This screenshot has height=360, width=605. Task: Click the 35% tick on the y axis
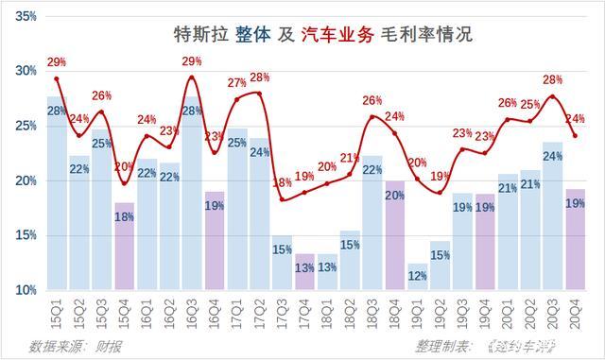click(24, 16)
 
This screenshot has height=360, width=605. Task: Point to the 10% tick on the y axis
click(24, 290)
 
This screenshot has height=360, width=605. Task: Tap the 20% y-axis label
click(24, 180)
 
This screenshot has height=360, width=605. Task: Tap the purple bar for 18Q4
click(394, 235)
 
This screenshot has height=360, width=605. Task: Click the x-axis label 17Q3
click(282, 310)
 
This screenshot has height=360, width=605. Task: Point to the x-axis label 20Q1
click(506, 310)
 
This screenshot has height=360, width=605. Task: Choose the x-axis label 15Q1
click(57, 310)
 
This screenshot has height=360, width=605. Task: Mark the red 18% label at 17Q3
click(281, 183)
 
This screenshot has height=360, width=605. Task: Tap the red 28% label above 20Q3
click(553, 79)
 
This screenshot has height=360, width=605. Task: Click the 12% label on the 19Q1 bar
click(417, 276)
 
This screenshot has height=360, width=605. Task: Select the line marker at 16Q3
click(191, 77)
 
